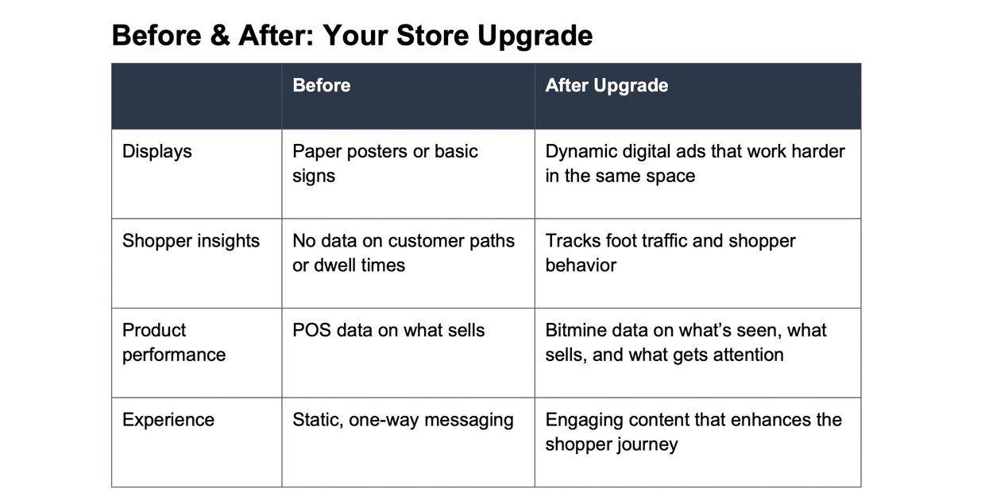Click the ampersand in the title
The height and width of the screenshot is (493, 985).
click(220, 35)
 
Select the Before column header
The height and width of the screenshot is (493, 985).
click(322, 85)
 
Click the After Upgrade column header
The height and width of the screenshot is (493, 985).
click(607, 86)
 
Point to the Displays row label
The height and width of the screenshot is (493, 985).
click(157, 152)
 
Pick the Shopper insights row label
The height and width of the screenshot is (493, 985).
click(191, 241)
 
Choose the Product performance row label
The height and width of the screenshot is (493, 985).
click(174, 343)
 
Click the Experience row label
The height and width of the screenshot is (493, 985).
click(168, 421)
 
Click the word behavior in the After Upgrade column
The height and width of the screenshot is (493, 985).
click(581, 266)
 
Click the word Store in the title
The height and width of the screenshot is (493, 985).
click(433, 35)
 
